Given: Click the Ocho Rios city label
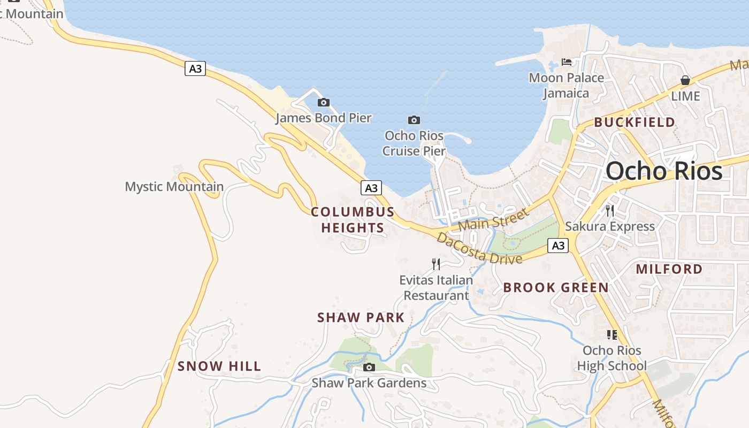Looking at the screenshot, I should (x=664, y=171).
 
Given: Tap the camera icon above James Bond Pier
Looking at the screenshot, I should (x=323, y=102).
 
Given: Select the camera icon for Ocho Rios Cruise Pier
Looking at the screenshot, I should (x=414, y=120).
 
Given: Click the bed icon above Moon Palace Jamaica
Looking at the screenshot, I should (x=567, y=62).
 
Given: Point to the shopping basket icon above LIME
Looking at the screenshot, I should (x=685, y=80).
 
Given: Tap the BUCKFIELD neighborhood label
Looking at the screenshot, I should (x=635, y=123).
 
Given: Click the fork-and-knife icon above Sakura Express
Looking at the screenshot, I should (x=609, y=210).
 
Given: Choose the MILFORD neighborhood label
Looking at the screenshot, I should (x=669, y=269).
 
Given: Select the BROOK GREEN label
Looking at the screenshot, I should (x=556, y=288).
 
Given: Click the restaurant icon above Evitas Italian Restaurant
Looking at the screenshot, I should (x=436, y=264).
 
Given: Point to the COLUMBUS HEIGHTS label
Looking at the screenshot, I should (x=353, y=220).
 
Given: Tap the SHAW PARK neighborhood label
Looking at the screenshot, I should (x=361, y=318).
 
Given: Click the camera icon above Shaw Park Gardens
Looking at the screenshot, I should (x=369, y=367).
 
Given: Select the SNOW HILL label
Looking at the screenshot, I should (x=219, y=366).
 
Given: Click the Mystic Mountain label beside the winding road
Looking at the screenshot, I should (x=174, y=187).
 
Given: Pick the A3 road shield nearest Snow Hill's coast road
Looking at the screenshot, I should (x=195, y=68).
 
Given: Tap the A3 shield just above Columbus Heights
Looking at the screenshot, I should (x=371, y=188).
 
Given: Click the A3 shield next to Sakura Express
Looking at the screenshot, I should (x=558, y=246).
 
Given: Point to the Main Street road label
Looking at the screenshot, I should (x=493, y=219).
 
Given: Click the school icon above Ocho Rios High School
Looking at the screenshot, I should (x=612, y=335).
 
